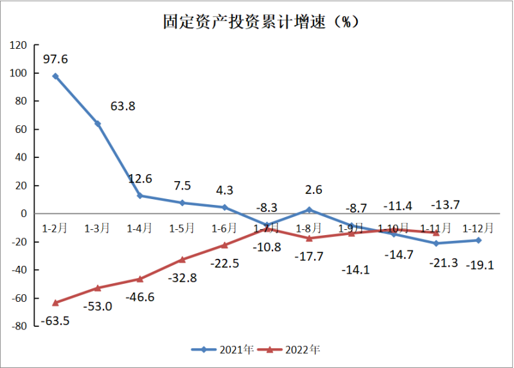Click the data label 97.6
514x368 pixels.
click(x=55, y=60)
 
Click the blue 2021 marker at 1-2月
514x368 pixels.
click(x=56, y=76)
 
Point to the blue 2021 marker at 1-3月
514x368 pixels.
click(x=98, y=123)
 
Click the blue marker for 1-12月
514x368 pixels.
click(x=478, y=240)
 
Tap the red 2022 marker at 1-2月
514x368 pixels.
click(x=56, y=302)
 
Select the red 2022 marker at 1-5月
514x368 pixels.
click(x=182, y=259)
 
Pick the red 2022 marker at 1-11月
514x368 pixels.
click(x=436, y=232)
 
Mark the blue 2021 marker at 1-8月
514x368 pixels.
click(x=309, y=209)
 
